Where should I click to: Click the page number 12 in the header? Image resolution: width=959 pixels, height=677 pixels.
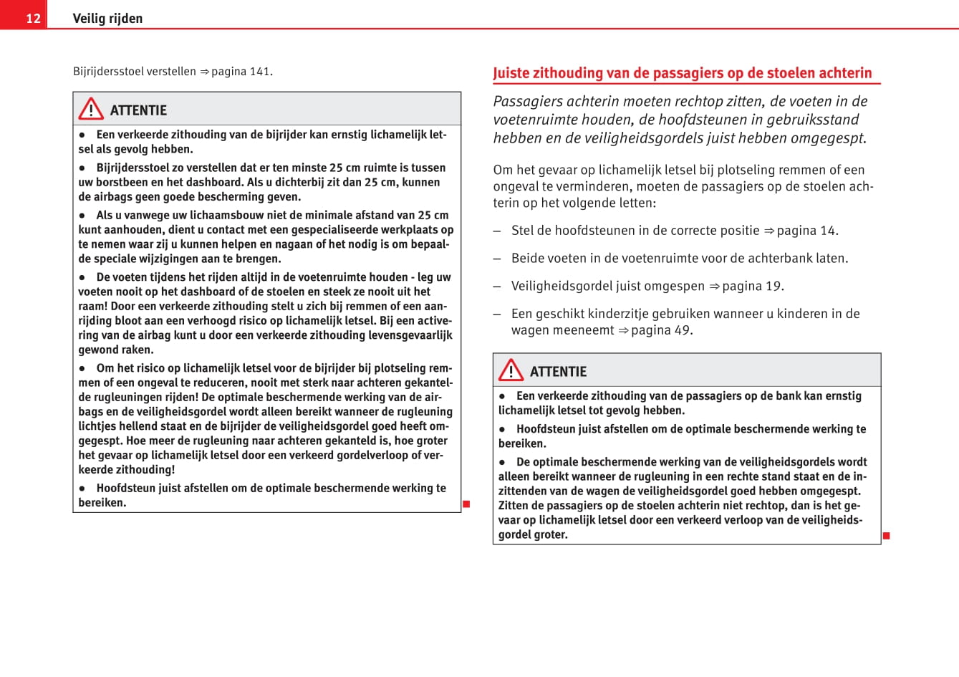[33, 18]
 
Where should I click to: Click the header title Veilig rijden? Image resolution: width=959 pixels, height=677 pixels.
[107, 19]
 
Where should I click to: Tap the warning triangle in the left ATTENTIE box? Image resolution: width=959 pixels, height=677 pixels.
[91, 109]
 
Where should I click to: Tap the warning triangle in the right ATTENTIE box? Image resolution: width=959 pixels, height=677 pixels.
[511, 370]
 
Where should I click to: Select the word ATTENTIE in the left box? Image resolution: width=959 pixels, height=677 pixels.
[138, 110]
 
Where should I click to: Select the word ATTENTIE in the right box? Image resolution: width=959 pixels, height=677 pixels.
[558, 372]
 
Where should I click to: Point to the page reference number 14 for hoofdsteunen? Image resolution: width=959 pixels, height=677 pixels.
[828, 231]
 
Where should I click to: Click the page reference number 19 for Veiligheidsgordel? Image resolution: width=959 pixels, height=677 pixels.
[773, 287]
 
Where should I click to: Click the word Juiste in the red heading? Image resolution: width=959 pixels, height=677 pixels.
[511, 73]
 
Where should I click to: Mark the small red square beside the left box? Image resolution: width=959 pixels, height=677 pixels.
[466, 504]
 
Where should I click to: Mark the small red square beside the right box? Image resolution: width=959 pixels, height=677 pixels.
[886, 536]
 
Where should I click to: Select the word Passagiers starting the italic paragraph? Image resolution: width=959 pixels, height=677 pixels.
[527, 102]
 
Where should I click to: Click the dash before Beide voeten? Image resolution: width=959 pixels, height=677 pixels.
[497, 259]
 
